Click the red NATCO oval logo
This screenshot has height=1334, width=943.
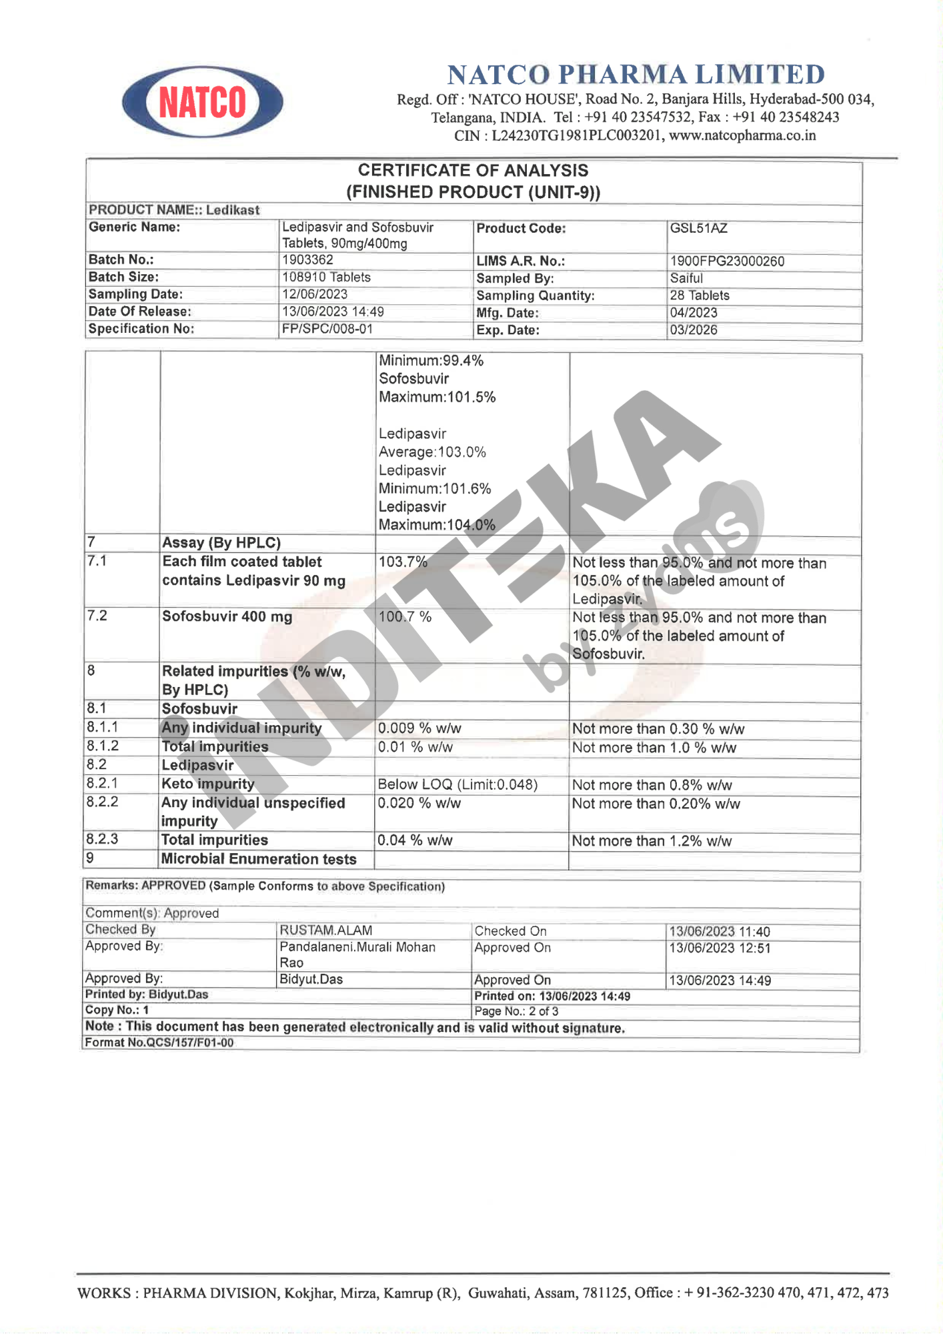(x=202, y=102)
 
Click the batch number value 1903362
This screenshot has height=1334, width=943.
(x=307, y=259)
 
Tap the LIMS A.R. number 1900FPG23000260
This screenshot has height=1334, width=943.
(x=727, y=261)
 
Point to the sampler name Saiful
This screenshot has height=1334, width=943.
(x=686, y=278)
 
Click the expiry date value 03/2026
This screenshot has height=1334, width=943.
(x=694, y=329)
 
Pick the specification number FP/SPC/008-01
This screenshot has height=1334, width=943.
(x=327, y=329)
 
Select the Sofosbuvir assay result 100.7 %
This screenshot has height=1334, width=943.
(x=405, y=617)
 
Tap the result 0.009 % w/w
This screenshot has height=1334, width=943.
(x=419, y=728)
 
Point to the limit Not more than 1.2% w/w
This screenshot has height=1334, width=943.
(x=652, y=841)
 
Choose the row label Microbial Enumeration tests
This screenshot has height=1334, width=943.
(x=259, y=859)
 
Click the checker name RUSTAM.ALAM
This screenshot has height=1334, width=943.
(x=325, y=930)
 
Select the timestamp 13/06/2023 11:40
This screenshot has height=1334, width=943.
(x=720, y=932)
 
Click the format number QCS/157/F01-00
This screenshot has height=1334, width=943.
(x=180, y=1043)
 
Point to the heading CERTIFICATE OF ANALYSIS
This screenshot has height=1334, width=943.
(x=473, y=171)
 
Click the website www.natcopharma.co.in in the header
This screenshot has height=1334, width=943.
(x=742, y=135)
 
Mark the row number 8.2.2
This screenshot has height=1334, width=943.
(x=102, y=802)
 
